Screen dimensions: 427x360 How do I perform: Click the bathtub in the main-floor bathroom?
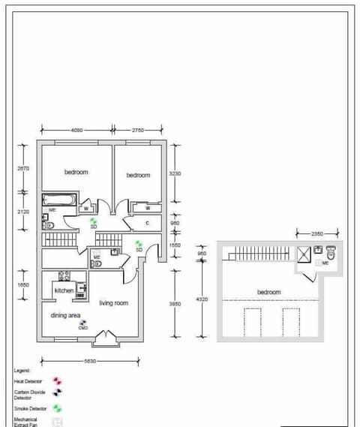click(58, 200)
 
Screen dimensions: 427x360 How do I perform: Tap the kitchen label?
click(64, 290)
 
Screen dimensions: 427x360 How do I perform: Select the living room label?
click(114, 303)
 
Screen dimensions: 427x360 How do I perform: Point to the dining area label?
click(65, 316)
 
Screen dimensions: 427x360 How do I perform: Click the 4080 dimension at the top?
click(76, 130)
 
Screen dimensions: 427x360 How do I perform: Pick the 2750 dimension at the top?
click(138, 130)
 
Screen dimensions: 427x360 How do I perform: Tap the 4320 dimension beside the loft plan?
click(202, 299)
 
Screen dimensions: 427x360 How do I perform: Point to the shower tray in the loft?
click(304, 254)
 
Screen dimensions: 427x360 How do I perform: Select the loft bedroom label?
click(268, 292)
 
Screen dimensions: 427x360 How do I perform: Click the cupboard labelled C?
click(147, 223)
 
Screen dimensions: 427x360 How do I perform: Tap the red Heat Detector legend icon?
click(57, 381)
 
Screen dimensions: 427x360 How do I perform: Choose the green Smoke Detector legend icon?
click(57, 408)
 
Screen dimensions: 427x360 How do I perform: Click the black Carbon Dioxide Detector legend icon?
click(57, 392)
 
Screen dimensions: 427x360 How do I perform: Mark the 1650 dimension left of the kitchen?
click(22, 285)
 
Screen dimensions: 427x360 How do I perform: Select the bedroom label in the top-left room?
click(76, 172)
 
